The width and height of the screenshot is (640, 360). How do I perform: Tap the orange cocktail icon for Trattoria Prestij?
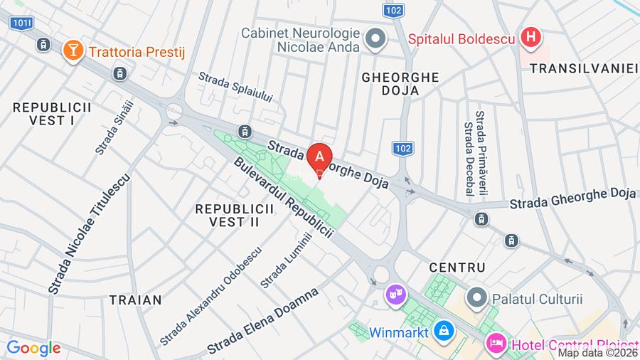tap(73, 51)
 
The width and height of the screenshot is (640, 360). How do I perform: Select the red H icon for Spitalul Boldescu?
tap(530, 38)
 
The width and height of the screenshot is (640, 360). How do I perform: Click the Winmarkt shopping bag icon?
tap(444, 331)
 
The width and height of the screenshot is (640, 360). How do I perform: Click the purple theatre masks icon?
tap(393, 293)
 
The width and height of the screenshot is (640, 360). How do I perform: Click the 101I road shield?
tap(22, 23)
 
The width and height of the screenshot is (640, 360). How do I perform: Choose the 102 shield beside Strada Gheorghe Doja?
tap(402, 148)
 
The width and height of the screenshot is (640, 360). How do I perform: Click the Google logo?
tap(33, 349)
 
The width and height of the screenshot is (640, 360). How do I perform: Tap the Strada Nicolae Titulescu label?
tap(89, 234)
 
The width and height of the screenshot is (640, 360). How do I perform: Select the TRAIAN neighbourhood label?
tap(136, 300)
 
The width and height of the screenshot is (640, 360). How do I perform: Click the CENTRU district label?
tap(457, 268)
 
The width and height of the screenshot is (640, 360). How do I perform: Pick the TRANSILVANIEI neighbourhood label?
tap(584, 68)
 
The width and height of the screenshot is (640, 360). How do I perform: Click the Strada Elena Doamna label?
tap(262, 321)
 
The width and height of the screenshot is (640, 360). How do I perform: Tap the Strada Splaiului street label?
tap(235, 87)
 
